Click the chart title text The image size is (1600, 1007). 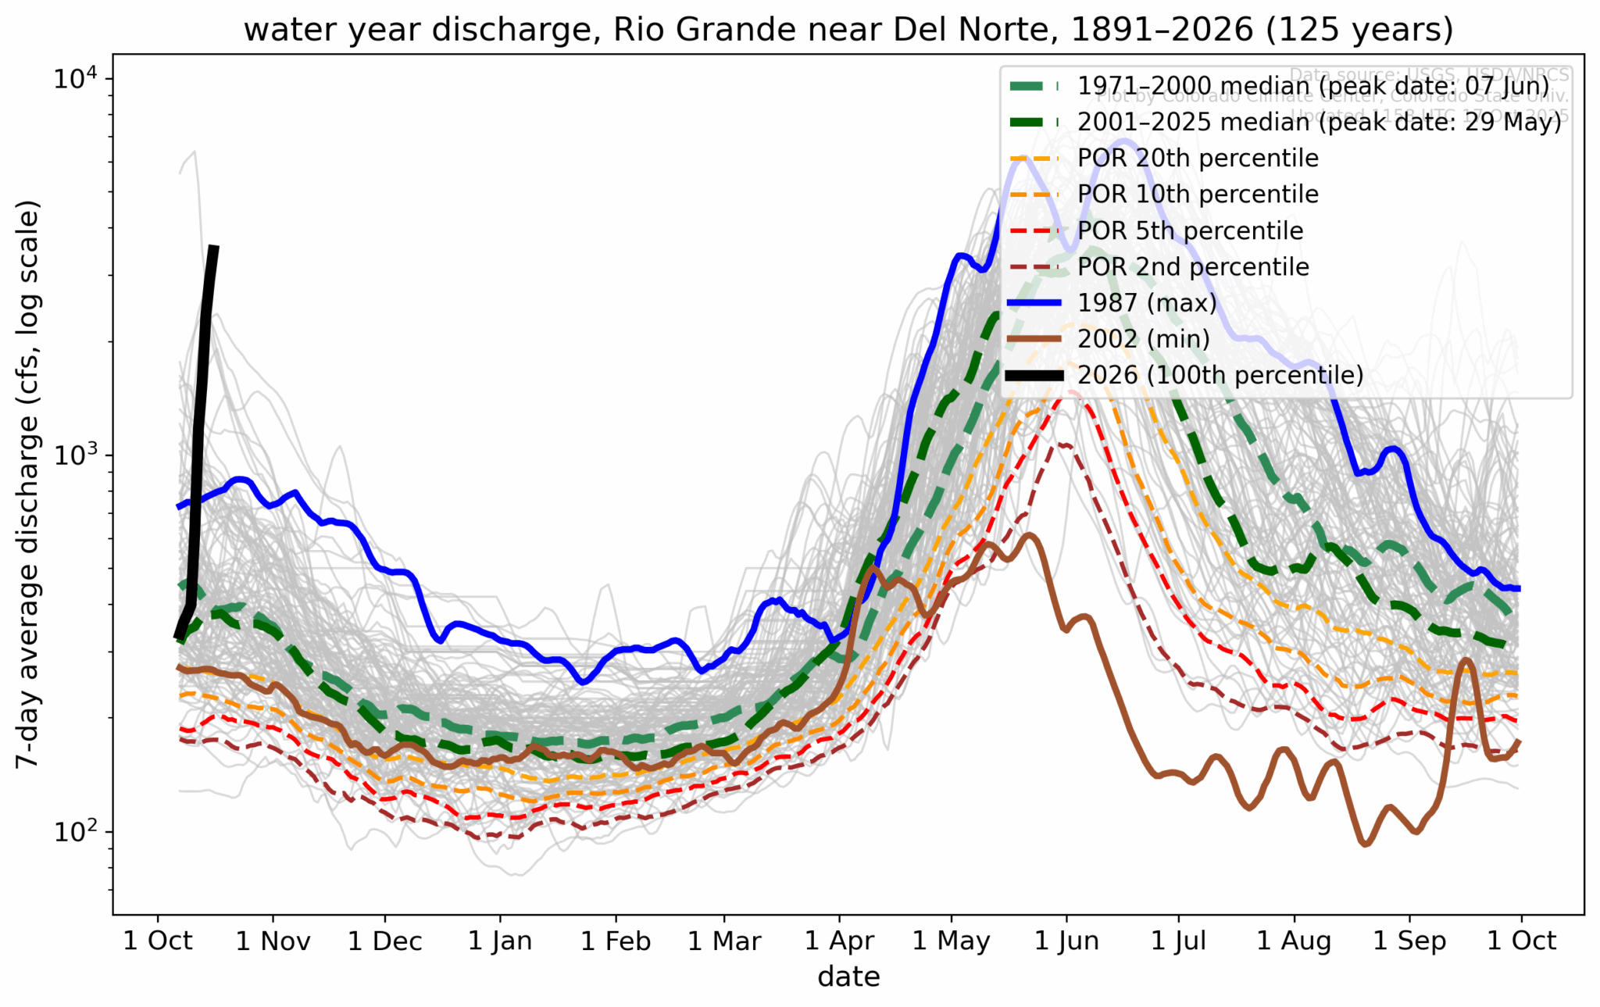point(848,30)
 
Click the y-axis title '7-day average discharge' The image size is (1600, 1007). point(28,484)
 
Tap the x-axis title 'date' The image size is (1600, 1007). point(848,977)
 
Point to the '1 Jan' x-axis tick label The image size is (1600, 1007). point(500,941)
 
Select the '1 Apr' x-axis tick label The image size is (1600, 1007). point(840,941)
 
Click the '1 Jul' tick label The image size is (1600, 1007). point(1178,941)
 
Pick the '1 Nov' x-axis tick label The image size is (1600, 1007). point(273,941)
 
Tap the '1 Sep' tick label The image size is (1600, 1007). point(1409,941)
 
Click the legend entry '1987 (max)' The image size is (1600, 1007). point(1147,302)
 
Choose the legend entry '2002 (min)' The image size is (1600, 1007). point(1143,338)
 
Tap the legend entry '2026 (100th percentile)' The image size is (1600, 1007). point(1220,375)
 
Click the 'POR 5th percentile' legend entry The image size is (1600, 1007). point(1190,230)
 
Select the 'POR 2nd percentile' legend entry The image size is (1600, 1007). point(1193,266)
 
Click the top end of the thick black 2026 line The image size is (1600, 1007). point(214,247)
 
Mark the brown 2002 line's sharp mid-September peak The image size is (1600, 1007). point(1466,661)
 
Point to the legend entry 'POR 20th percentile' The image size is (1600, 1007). point(1198,158)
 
